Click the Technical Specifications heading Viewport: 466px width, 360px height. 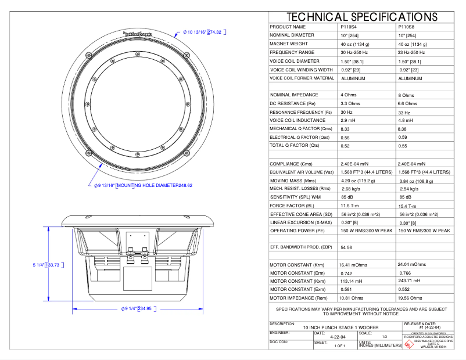(361, 17)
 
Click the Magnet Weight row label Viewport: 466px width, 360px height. (289, 44)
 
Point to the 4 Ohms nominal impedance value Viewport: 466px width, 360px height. (349, 95)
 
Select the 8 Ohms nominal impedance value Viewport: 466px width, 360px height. (407, 95)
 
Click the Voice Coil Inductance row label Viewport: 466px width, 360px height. (297, 120)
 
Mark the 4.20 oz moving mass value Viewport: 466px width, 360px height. (357, 181)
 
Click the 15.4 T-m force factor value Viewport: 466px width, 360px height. (408, 206)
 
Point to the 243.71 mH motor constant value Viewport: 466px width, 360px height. (411, 280)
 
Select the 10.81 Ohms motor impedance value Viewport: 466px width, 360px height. (353, 298)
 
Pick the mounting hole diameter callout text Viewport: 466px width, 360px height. (142, 186)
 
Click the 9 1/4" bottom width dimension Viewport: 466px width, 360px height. (137, 309)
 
